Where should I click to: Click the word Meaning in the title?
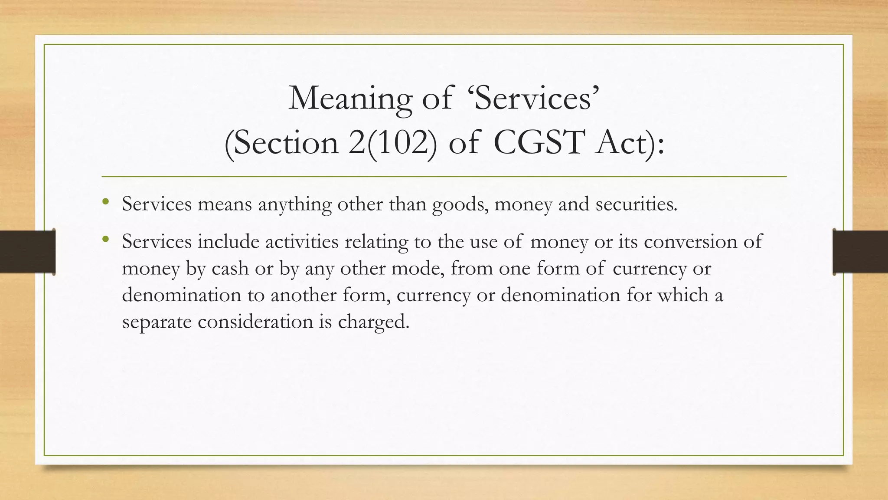point(349,99)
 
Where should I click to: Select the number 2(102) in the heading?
point(392,143)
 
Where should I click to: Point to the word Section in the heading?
point(281,143)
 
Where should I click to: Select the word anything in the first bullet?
point(295,204)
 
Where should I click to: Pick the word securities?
point(636,204)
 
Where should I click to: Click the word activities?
point(302,241)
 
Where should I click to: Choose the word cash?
point(230,268)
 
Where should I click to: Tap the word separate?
point(157,322)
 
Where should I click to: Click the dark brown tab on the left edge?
point(27,252)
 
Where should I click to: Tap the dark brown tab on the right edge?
point(860,252)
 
